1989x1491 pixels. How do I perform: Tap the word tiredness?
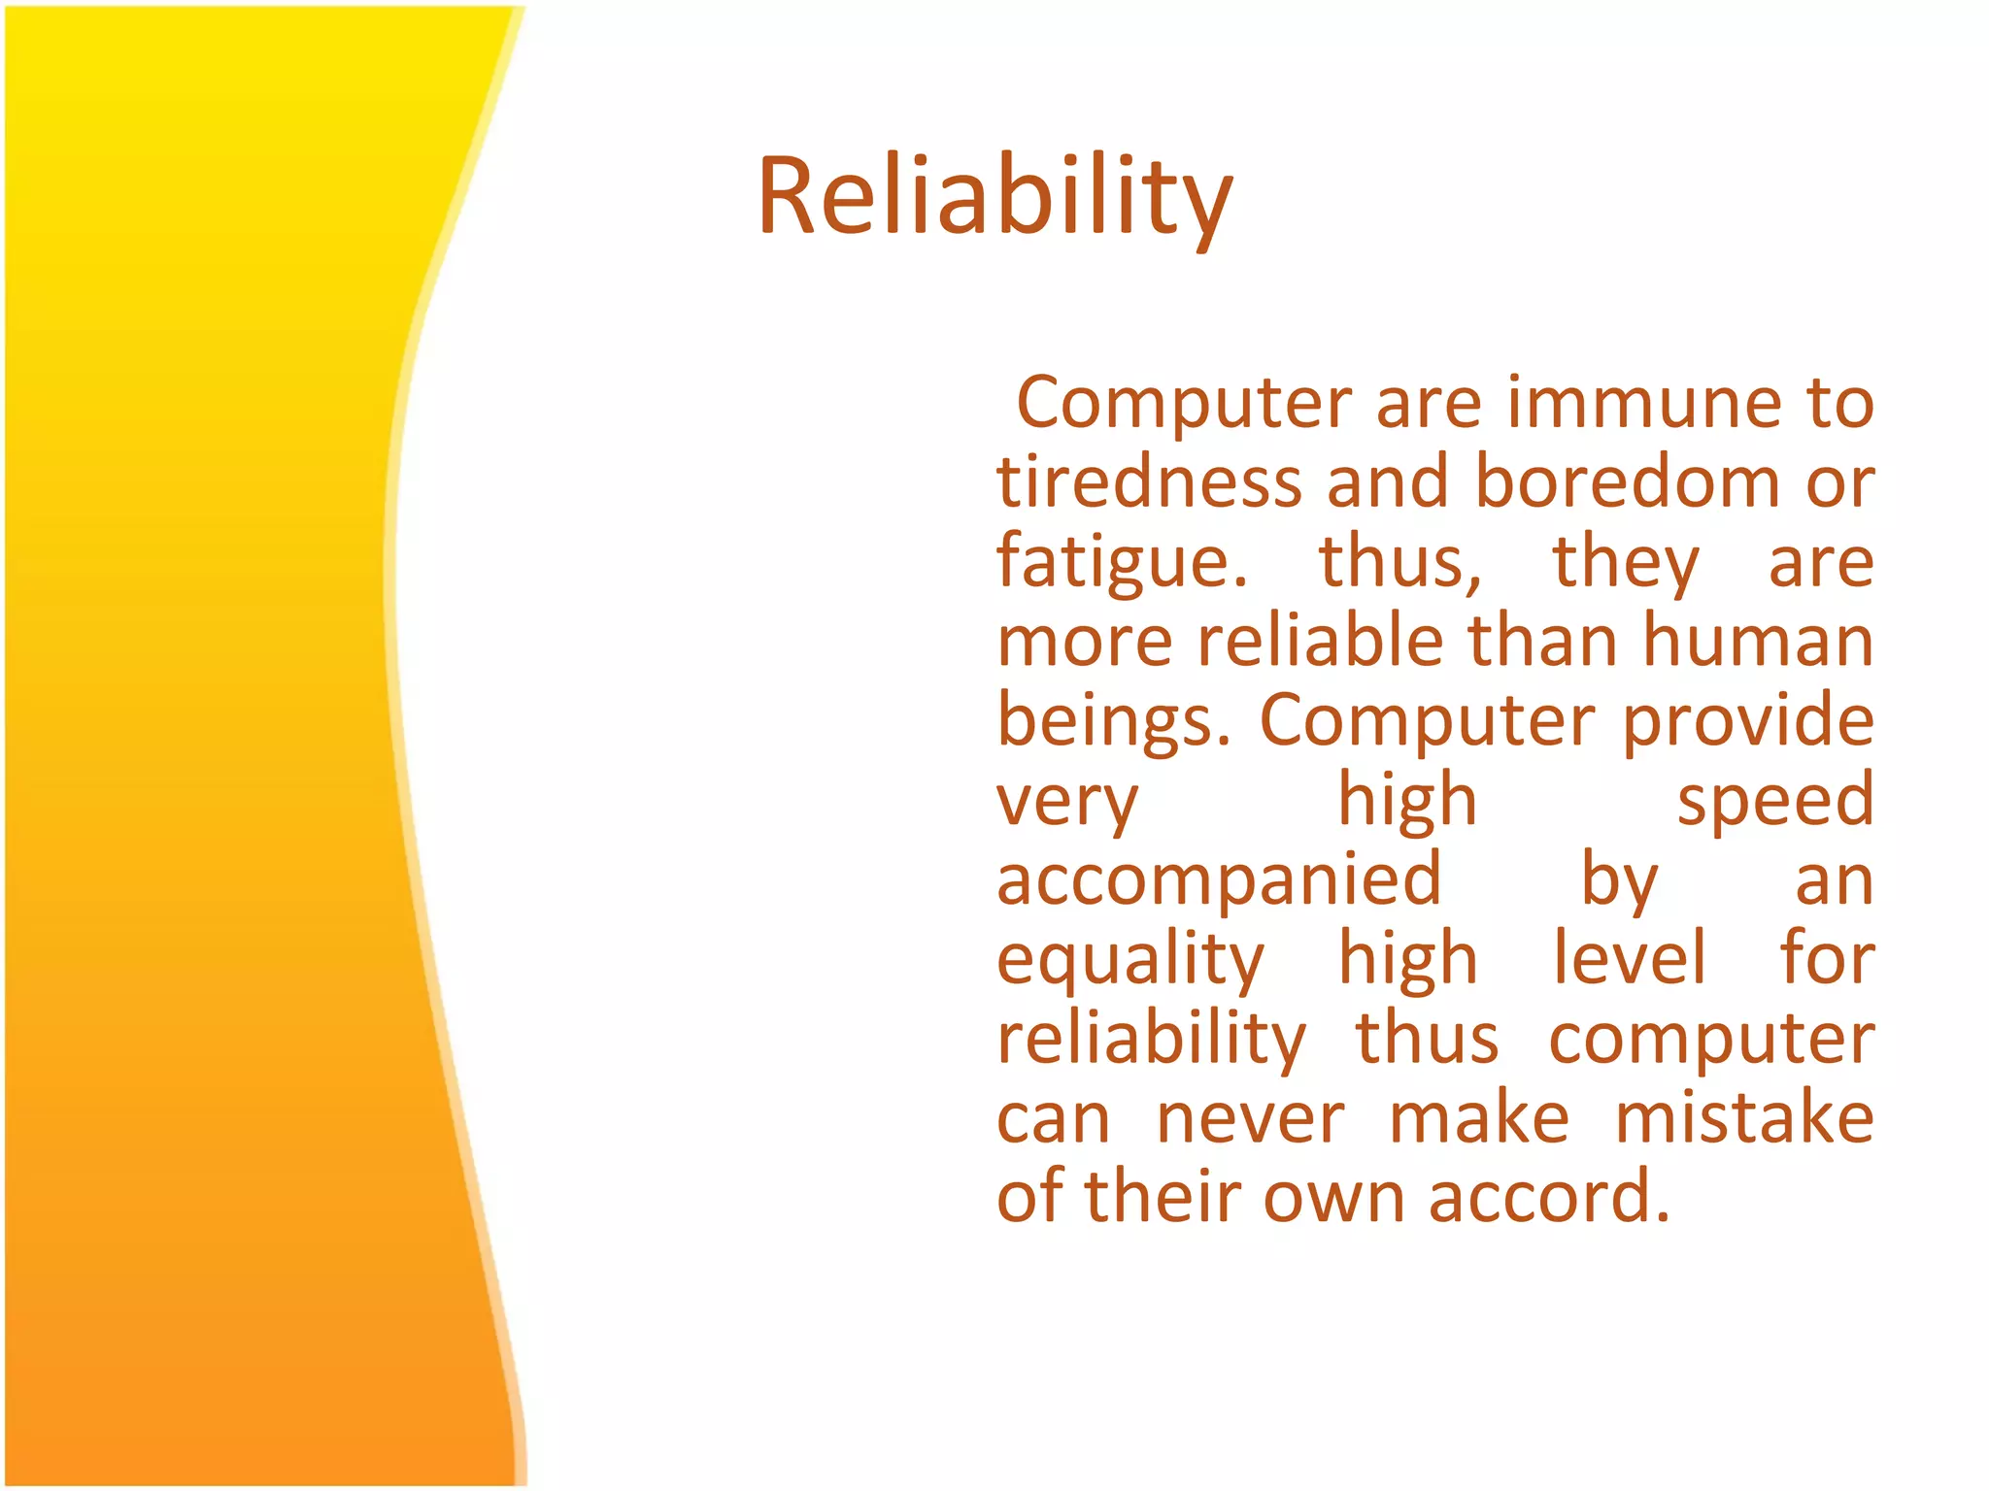[x=1149, y=482]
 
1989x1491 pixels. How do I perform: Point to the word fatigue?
[x=1122, y=563]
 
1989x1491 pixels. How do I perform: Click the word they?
[x=1626, y=563]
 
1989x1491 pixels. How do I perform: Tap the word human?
[x=1758, y=642]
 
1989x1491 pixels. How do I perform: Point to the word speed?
[x=1775, y=801]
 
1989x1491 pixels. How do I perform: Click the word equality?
[x=1130, y=962]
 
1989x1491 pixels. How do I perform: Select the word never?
[x=1250, y=1120]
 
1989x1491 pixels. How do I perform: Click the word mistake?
[x=1744, y=1118]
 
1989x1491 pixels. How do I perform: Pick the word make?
[x=1478, y=1118]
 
